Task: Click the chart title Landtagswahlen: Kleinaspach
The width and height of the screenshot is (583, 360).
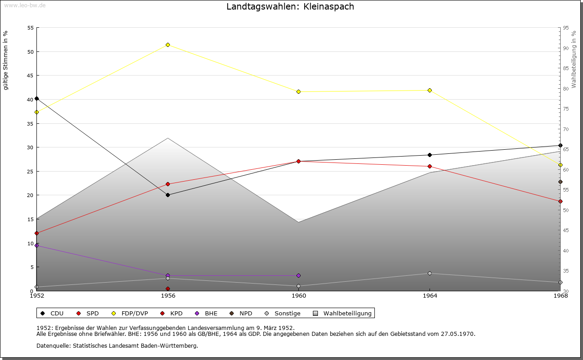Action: (290, 7)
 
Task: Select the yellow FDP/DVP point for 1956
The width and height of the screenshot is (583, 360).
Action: (168, 45)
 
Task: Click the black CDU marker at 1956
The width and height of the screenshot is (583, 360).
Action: (168, 195)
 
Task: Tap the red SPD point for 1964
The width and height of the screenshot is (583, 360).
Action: (430, 166)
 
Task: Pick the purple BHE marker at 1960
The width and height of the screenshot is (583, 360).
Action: (298, 275)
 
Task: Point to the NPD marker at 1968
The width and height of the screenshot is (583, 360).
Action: (560, 182)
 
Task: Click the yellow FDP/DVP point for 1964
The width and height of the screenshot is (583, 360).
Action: (430, 90)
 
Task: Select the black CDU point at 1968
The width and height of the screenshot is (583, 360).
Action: (560, 146)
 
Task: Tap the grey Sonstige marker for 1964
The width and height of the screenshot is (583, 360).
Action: (430, 273)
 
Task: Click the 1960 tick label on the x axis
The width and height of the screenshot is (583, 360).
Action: (299, 296)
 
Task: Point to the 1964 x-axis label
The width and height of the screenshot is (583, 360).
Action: (430, 296)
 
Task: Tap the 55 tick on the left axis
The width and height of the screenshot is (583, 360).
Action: (31, 28)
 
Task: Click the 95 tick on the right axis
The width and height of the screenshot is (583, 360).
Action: (566, 28)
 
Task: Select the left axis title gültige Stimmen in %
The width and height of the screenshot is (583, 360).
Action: (5, 61)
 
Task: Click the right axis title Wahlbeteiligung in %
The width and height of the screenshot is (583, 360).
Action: (574, 60)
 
